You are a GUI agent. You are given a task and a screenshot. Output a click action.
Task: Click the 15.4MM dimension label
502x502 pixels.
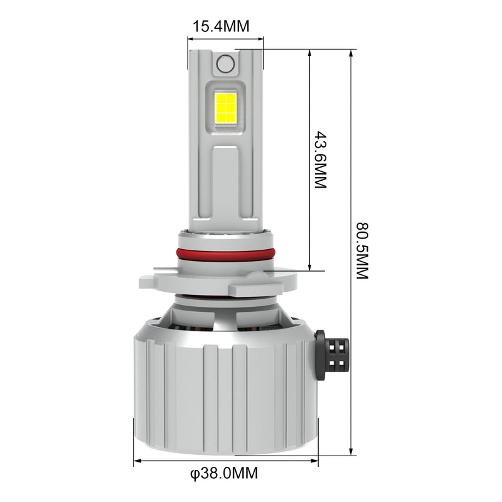[x=221, y=26]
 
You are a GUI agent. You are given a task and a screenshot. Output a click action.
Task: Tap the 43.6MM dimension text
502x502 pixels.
[x=320, y=159]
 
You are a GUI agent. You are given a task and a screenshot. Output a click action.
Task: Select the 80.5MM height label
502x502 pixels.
[x=363, y=250]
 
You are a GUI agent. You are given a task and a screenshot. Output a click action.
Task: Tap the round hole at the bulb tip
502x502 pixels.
[x=225, y=63]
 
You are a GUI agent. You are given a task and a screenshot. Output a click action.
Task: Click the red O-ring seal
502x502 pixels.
[x=225, y=253]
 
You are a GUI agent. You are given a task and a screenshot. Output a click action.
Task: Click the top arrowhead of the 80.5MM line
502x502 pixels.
[x=351, y=53]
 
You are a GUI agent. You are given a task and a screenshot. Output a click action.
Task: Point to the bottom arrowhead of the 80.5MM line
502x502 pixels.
[x=351, y=451]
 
